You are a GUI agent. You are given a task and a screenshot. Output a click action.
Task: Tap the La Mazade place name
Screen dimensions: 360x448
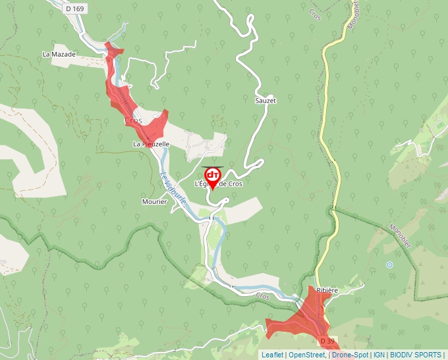(59, 54)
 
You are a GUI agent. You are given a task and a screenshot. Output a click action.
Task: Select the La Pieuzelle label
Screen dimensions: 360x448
(152, 143)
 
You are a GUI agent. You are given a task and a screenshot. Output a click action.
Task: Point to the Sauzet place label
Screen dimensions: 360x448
(266, 101)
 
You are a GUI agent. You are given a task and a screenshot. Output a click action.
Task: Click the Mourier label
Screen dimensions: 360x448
(154, 201)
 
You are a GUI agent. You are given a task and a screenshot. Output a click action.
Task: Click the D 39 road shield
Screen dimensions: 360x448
(327, 342)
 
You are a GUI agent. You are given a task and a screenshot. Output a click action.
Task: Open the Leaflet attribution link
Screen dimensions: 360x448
(272, 355)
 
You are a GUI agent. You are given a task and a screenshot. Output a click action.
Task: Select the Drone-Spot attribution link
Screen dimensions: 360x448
(350, 355)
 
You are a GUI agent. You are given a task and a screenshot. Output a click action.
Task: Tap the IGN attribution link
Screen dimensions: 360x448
(379, 355)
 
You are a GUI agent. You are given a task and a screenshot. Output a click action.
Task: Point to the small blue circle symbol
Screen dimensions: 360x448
(389, 265)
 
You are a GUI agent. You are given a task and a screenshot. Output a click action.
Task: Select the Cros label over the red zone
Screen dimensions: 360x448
(133, 121)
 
